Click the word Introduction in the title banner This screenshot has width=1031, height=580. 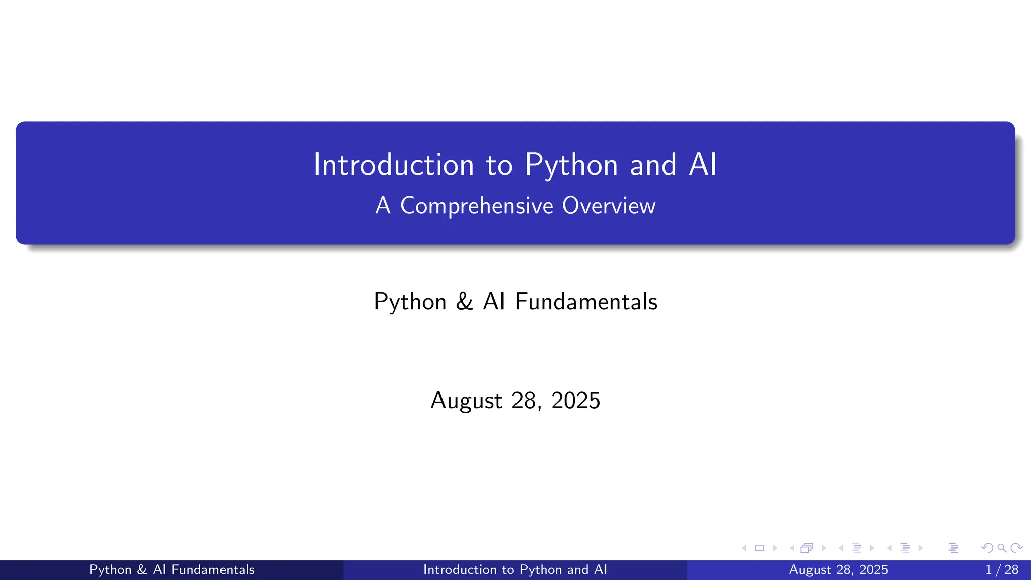[x=393, y=165]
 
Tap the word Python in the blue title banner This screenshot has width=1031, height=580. [x=571, y=165]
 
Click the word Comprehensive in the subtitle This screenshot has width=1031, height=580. [x=476, y=206]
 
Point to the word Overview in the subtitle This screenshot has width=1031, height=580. [x=609, y=206]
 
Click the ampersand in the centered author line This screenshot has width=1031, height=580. [x=464, y=301]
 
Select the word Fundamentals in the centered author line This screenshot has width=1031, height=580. [x=586, y=301]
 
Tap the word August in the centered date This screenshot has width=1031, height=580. [x=466, y=401]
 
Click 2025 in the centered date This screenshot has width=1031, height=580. [x=575, y=401]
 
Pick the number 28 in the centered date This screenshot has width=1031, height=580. [x=524, y=401]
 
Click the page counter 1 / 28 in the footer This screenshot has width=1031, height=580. [x=1001, y=570]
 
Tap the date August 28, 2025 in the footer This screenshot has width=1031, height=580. [x=838, y=570]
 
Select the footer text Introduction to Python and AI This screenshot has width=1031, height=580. [x=515, y=570]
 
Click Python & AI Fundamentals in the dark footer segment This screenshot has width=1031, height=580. [x=172, y=570]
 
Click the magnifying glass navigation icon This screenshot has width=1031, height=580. [x=1002, y=548]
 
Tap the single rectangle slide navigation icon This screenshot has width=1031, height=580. [x=759, y=548]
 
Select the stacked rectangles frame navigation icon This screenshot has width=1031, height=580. [x=806, y=548]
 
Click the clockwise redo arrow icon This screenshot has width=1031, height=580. [x=1016, y=548]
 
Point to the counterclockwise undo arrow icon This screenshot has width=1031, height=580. [x=987, y=548]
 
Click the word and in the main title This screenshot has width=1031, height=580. [x=653, y=165]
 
